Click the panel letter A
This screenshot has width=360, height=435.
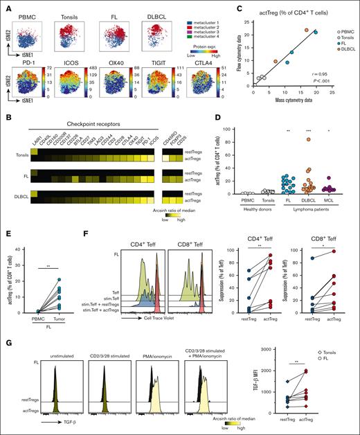tap(5, 6)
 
